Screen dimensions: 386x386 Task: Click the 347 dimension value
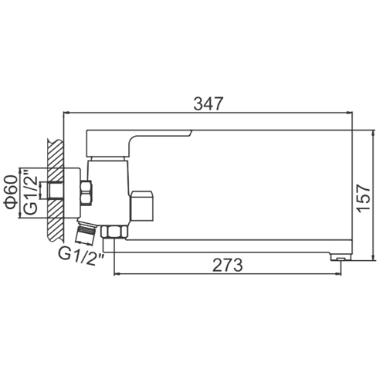(208, 103)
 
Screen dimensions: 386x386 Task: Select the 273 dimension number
(228, 265)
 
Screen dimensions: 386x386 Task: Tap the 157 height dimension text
(364, 198)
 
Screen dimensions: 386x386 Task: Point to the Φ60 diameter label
(11, 192)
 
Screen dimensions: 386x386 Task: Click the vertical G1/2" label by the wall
(30, 192)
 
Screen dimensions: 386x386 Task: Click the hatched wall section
(55, 190)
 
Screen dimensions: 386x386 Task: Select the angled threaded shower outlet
(86, 232)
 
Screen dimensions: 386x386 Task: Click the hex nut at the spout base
(114, 232)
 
